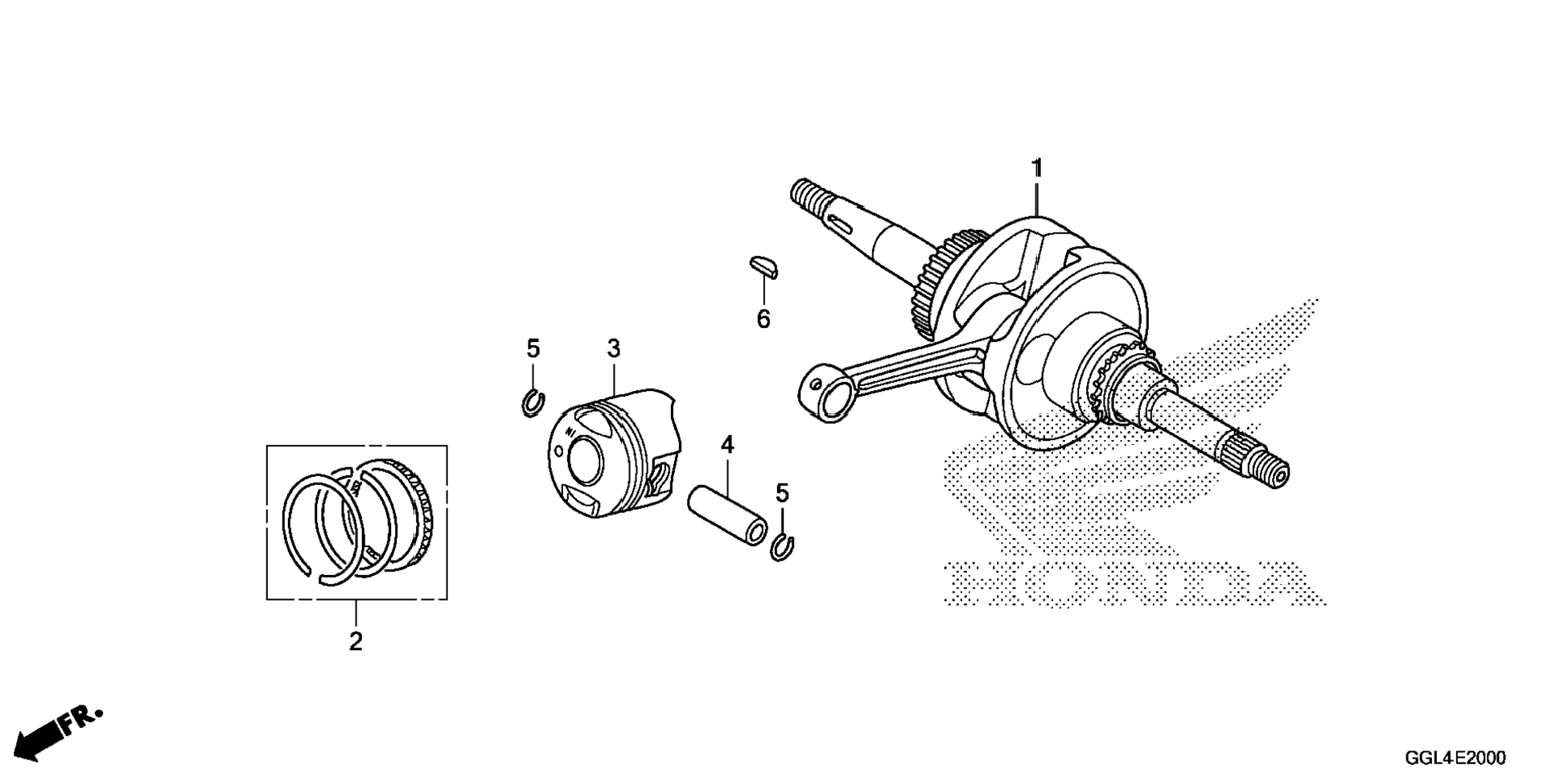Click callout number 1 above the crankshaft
coord(1037,169)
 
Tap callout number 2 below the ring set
coord(356,642)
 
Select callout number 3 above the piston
coord(614,349)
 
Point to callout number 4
coord(727,445)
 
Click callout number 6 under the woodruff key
coord(763,319)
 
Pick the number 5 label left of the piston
coord(533,349)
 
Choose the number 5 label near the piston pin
coord(782,492)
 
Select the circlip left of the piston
coord(533,402)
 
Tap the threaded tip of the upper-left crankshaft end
coord(805,194)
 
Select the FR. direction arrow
coord(56,732)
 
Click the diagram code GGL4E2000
coord(1455,758)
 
